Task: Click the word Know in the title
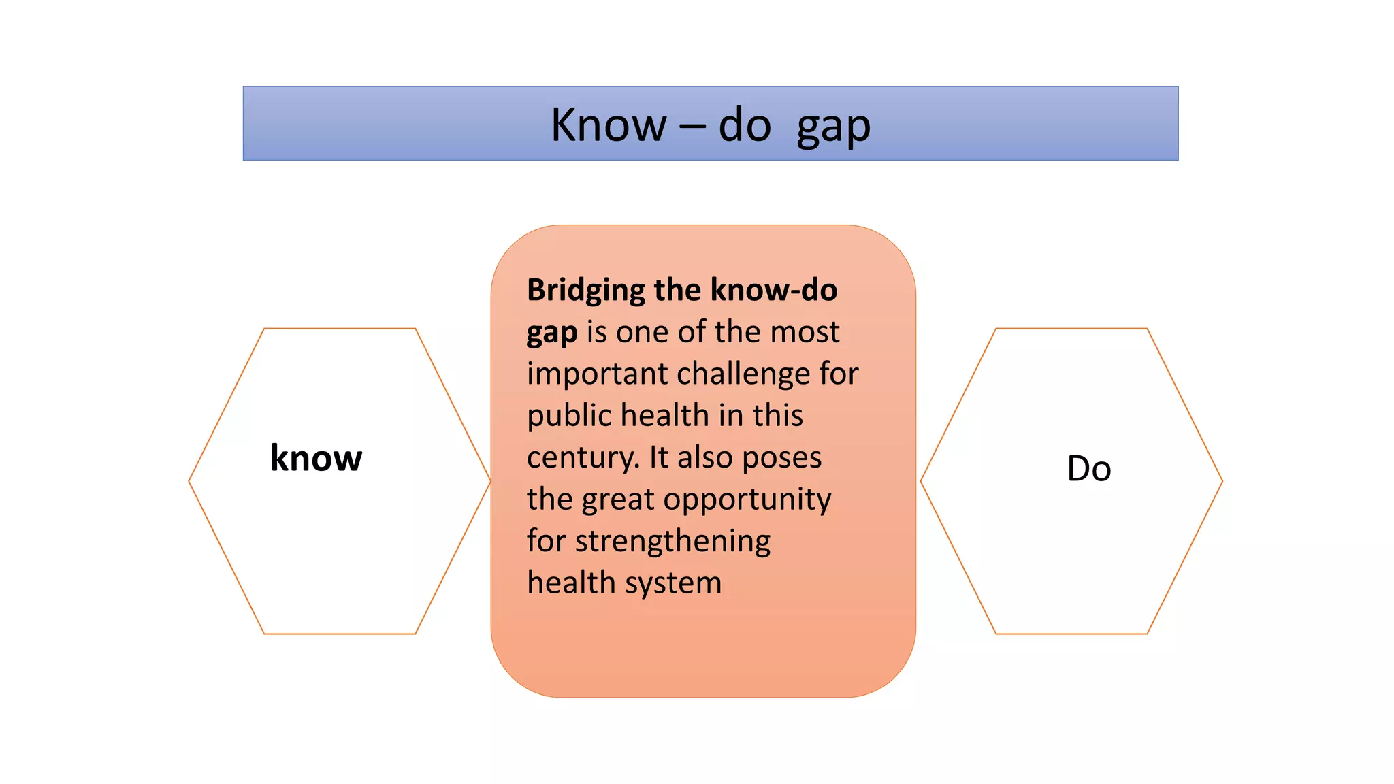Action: pyautogui.click(x=608, y=125)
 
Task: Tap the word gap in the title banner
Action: pyautogui.click(x=833, y=128)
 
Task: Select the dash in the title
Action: pyautogui.click(x=692, y=127)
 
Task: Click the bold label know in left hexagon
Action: pyautogui.click(x=316, y=458)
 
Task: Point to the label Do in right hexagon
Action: pyautogui.click(x=1088, y=469)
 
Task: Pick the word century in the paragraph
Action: pyautogui.click(x=582, y=458)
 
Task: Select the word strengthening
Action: pyautogui.click(x=672, y=542)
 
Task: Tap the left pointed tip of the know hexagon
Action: pyautogui.click(x=190, y=481)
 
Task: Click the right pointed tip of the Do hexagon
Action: pyautogui.click(x=1222, y=481)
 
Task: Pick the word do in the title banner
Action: pyautogui.click(x=744, y=125)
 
